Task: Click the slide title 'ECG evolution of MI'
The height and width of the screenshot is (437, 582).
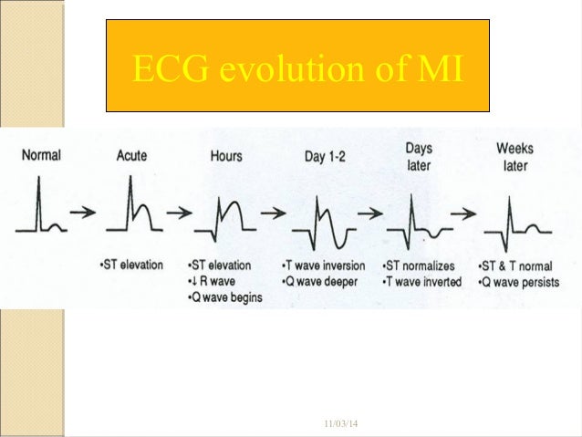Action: click(298, 68)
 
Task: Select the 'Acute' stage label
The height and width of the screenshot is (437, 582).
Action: click(131, 155)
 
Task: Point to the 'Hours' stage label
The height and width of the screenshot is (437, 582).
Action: click(226, 156)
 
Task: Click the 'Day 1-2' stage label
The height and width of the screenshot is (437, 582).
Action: click(326, 157)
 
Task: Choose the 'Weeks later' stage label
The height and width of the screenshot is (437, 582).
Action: click(514, 157)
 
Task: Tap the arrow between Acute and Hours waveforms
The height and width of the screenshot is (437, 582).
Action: click(181, 213)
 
